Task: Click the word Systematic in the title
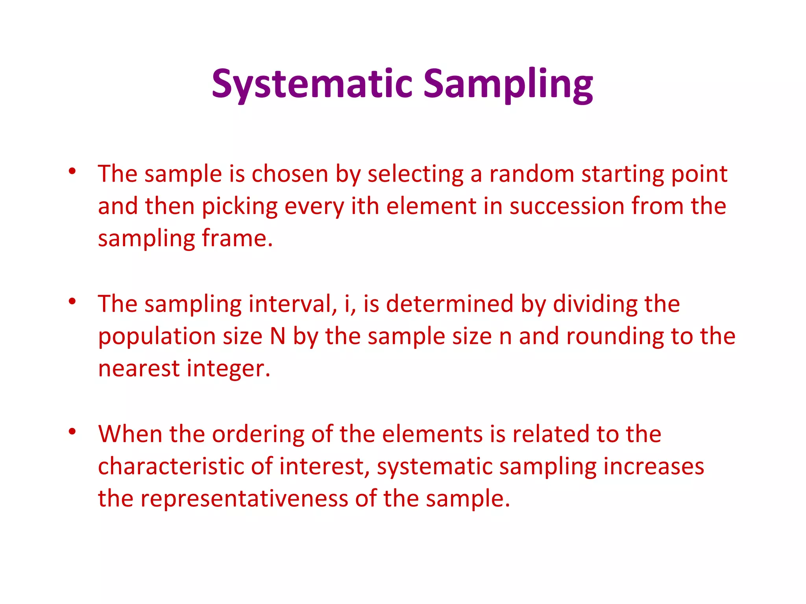[312, 84]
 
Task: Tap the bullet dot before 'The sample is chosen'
[72, 171]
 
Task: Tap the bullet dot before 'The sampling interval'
[72, 302]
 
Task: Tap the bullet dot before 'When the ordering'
[72, 431]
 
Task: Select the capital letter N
[277, 336]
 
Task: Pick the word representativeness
[244, 499]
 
